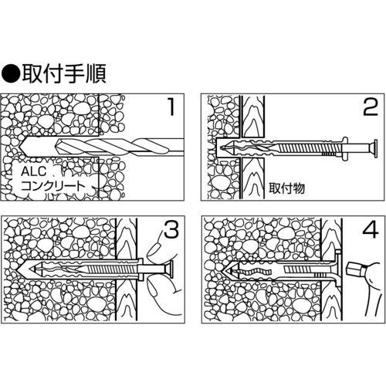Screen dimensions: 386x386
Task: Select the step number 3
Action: click(171, 229)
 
